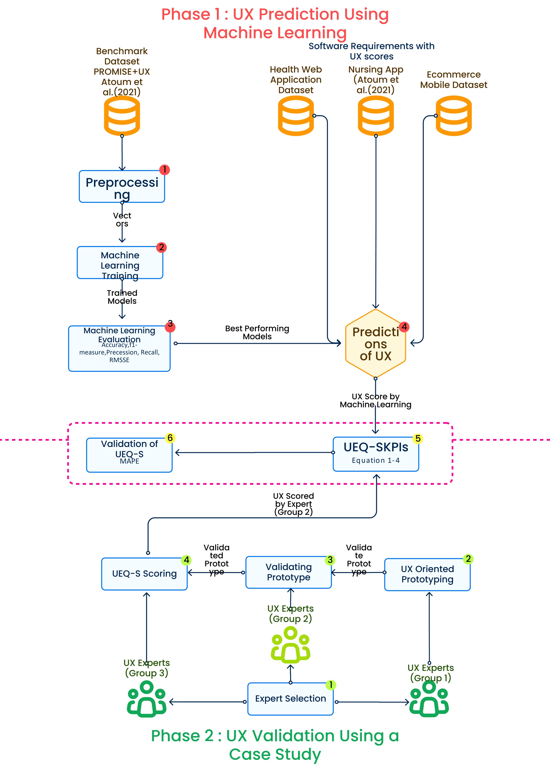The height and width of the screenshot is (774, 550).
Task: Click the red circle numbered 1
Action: tap(165, 170)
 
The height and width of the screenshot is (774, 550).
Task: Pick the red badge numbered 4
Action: tap(404, 327)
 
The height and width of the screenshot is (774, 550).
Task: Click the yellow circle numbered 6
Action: tap(170, 438)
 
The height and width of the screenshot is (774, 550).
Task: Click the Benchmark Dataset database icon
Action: tap(122, 116)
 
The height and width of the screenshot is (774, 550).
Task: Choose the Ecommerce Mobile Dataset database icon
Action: tap(453, 116)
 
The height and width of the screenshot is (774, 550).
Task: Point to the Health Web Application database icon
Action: tap(296, 116)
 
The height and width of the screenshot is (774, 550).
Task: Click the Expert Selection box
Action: tap(290, 699)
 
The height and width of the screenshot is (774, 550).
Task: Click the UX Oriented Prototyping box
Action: tap(427, 574)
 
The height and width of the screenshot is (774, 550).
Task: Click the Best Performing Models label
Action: tap(257, 333)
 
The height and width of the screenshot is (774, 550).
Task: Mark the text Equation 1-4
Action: tap(376, 460)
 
